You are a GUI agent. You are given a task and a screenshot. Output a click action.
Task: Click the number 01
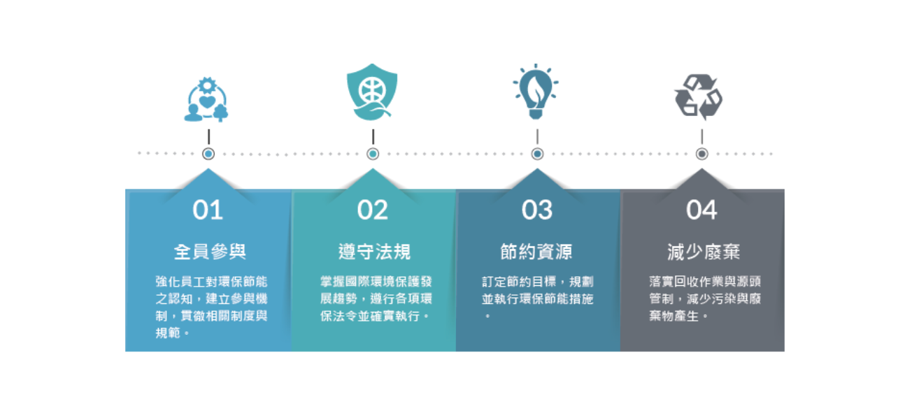pos(208,210)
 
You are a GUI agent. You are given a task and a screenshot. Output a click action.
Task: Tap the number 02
pos(373,210)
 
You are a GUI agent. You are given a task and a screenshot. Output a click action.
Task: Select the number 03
pos(537,210)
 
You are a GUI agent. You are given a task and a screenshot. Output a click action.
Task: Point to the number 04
pos(701,210)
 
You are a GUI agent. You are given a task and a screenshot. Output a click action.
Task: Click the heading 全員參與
pos(210,252)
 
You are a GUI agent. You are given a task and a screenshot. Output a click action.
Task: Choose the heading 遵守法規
pos(374,252)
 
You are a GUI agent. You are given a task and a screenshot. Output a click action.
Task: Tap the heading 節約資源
pos(536,252)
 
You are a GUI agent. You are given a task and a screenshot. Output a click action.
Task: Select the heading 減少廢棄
pos(704,252)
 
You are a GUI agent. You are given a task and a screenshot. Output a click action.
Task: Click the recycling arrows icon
pos(699,97)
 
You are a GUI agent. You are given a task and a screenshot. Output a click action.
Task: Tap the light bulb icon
pos(536,92)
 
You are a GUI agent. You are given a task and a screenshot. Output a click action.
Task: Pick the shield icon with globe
pos(372,92)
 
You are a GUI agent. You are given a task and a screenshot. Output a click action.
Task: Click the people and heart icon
pos(206,99)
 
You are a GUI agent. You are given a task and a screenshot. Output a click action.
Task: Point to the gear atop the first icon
pos(207,85)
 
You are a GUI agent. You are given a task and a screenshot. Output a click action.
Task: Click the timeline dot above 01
pos(208,154)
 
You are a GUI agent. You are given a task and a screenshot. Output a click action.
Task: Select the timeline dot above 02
pos(373,154)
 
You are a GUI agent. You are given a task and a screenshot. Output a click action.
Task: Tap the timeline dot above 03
pos(537,154)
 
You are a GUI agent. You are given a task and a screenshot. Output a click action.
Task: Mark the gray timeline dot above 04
pos(701,154)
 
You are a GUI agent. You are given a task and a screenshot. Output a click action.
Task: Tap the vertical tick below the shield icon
pos(373,136)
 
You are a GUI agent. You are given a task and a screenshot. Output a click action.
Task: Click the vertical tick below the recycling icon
pos(701,136)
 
